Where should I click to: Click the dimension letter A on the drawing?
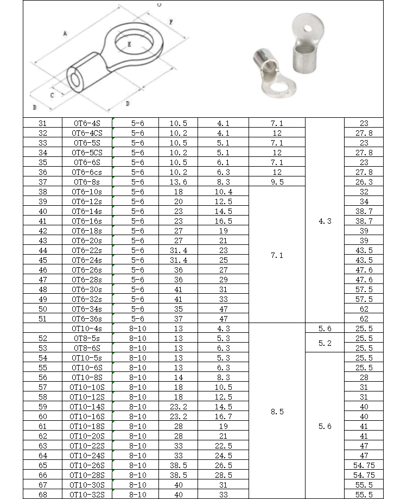pos(65,34)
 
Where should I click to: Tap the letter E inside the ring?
pos(129,45)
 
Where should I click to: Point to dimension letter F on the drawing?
pos(171,22)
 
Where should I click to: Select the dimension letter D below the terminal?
pos(127,103)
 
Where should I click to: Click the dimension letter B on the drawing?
pos(34,108)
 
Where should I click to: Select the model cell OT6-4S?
pos(87,123)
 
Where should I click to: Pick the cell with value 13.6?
pos(178,182)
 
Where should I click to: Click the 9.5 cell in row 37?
pos(277,182)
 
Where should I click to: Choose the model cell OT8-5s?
pos(87,338)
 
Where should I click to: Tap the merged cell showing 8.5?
pos(277,412)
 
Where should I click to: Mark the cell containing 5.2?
pos(325,343)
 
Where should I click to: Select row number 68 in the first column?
pos(43,495)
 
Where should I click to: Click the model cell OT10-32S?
pos(87,495)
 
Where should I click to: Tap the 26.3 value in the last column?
pos(364,182)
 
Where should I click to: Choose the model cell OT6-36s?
pos(87,319)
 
